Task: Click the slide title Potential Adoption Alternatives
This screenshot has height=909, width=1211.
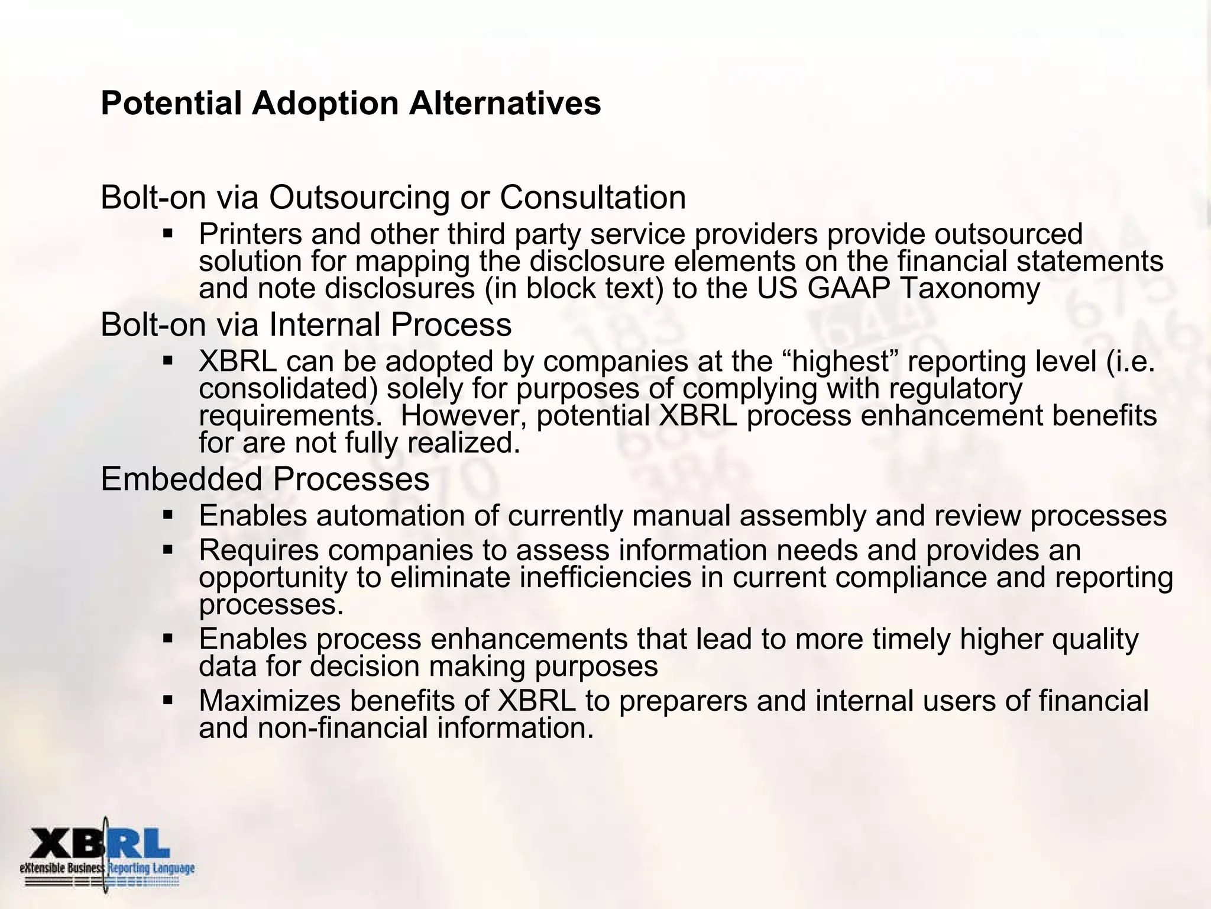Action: click(351, 104)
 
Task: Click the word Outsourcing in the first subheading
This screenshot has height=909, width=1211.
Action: click(359, 198)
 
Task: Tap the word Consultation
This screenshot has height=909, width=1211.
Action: click(592, 198)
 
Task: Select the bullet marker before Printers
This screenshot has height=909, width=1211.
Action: click(167, 234)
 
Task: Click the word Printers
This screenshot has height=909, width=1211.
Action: click(250, 234)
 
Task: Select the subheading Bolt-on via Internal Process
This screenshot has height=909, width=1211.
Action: click(306, 325)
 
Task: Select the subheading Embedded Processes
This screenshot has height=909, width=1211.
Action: click(265, 479)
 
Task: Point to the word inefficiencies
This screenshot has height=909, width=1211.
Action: click(605, 578)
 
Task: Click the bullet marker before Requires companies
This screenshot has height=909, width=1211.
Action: click(167, 550)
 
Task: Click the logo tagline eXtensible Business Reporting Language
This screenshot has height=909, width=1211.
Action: click(106, 868)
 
